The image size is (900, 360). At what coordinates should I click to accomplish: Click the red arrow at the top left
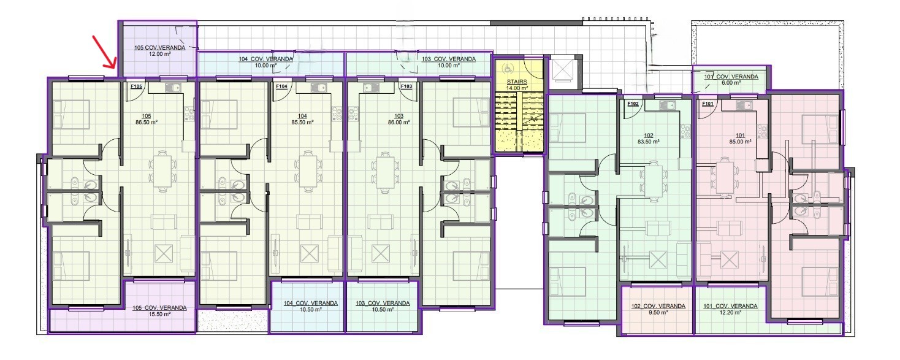tap(104, 52)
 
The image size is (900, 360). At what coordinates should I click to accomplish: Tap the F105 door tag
tap(137, 86)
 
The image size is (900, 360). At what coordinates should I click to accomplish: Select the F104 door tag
tap(281, 86)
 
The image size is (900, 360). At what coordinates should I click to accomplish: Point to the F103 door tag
tap(406, 86)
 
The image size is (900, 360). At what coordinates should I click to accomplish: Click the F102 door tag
tap(633, 104)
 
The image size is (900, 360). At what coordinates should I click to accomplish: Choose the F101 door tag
tap(707, 104)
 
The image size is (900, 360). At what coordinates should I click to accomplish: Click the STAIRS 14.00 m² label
tap(517, 85)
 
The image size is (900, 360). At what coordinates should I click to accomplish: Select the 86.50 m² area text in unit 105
tap(147, 122)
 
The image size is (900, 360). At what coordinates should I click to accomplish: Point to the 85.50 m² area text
tap(302, 122)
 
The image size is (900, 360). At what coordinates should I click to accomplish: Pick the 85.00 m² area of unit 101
tap(740, 142)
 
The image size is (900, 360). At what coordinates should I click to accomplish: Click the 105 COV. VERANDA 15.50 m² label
tap(159, 311)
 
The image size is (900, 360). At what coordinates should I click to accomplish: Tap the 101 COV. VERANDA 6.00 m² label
tap(731, 80)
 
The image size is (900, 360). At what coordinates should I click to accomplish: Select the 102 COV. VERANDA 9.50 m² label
tap(658, 309)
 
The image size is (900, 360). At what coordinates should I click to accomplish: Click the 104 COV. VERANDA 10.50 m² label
tap(311, 306)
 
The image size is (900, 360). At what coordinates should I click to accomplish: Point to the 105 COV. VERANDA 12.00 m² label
tap(160, 51)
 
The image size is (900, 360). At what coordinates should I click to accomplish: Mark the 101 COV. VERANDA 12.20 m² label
tap(730, 309)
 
